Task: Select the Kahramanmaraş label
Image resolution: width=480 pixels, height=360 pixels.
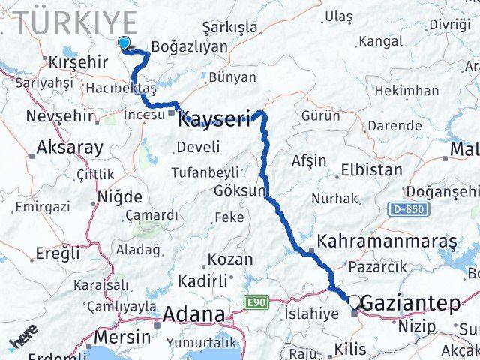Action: pos(387,241)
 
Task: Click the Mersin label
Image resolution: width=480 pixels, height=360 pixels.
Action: pos(122,336)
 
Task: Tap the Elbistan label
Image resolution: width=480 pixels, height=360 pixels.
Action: pos(370,169)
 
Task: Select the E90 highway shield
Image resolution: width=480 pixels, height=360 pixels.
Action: pos(256,301)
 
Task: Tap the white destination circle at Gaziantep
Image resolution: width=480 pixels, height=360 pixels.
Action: pos(354,301)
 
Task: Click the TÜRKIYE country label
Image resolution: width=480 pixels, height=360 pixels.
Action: pos(75,22)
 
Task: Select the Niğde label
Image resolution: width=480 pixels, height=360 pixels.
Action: pos(119,197)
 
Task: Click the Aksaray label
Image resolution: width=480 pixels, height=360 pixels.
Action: pos(69,148)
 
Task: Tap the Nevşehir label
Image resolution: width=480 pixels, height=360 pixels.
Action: pos(60,116)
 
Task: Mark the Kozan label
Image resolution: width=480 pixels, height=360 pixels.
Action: pos(230,259)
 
